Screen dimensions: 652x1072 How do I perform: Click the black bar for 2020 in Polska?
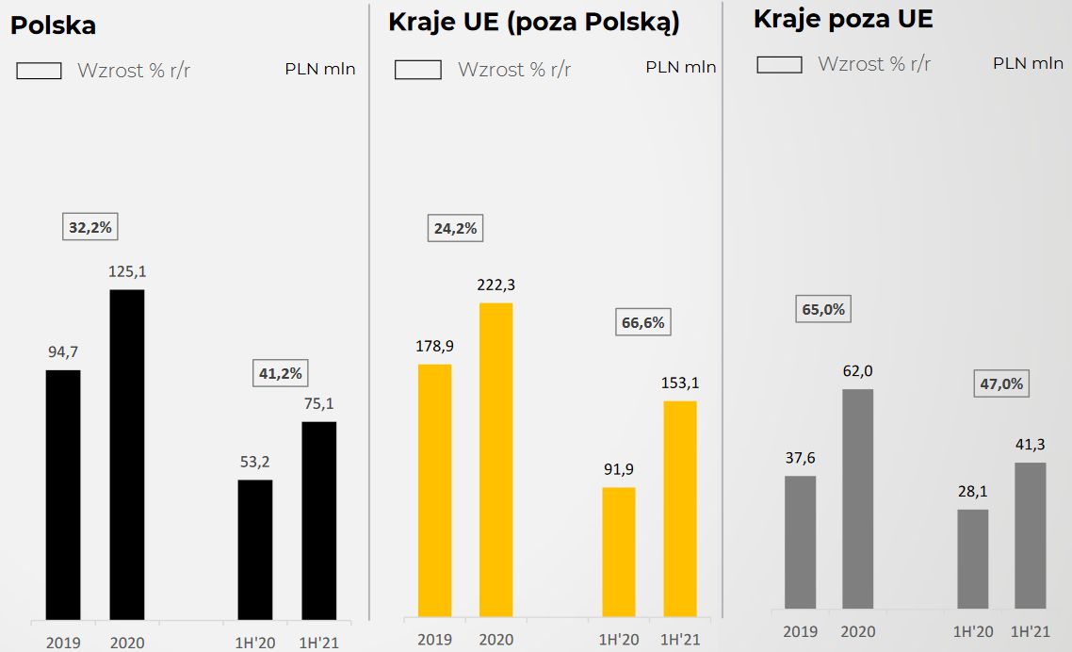click(x=127, y=454)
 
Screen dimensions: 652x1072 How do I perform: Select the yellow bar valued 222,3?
click(x=495, y=460)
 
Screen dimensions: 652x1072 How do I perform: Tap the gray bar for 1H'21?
click(x=1030, y=534)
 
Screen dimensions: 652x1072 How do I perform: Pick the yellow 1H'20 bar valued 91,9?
click(x=619, y=552)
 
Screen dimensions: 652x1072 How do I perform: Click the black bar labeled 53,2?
click(x=254, y=549)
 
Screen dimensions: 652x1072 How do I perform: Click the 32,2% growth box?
click(x=90, y=227)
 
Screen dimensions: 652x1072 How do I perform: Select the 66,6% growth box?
click(x=643, y=322)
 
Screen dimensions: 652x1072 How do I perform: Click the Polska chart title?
click(x=53, y=25)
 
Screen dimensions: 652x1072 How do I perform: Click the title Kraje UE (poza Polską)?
click(x=534, y=23)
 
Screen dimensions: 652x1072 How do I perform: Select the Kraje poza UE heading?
click(x=843, y=19)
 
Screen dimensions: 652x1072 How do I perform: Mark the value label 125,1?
click(x=128, y=272)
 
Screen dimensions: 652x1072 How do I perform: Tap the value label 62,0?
click(x=857, y=371)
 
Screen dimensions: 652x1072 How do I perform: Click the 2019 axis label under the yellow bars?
click(x=434, y=640)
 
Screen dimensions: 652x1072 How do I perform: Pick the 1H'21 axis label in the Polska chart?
click(x=318, y=643)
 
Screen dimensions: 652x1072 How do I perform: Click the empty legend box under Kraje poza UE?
click(x=779, y=64)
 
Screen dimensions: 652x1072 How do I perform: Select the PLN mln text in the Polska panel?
click(x=320, y=69)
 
